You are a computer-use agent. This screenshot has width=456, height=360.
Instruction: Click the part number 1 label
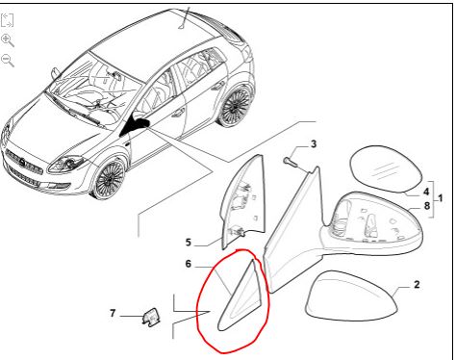point(441,198)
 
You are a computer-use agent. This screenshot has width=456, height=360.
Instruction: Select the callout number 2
point(417,284)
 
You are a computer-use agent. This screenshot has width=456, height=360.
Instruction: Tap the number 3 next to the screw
point(314,144)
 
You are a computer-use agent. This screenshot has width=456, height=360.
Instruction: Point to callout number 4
point(426,192)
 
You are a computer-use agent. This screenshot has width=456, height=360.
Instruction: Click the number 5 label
point(189,243)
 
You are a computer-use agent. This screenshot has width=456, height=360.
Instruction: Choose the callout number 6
point(189,264)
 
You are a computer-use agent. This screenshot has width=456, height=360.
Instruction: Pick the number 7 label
point(113,313)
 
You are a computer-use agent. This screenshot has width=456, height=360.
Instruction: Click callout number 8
point(426,205)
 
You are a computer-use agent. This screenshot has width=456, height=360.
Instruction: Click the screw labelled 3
point(290,163)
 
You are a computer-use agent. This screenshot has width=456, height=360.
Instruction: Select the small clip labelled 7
point(150,316)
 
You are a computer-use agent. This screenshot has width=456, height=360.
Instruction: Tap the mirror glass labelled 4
point(385,169)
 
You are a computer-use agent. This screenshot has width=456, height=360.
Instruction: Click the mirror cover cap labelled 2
point(351,296)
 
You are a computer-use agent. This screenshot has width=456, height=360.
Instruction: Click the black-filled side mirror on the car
point(137,126)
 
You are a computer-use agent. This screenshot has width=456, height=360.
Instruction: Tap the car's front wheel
point(110,177)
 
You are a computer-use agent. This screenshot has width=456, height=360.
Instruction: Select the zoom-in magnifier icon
point(8,40)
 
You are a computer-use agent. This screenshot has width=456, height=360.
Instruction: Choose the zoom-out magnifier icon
point(8,61)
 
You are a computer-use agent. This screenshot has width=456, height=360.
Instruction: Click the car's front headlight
point(66,164)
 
